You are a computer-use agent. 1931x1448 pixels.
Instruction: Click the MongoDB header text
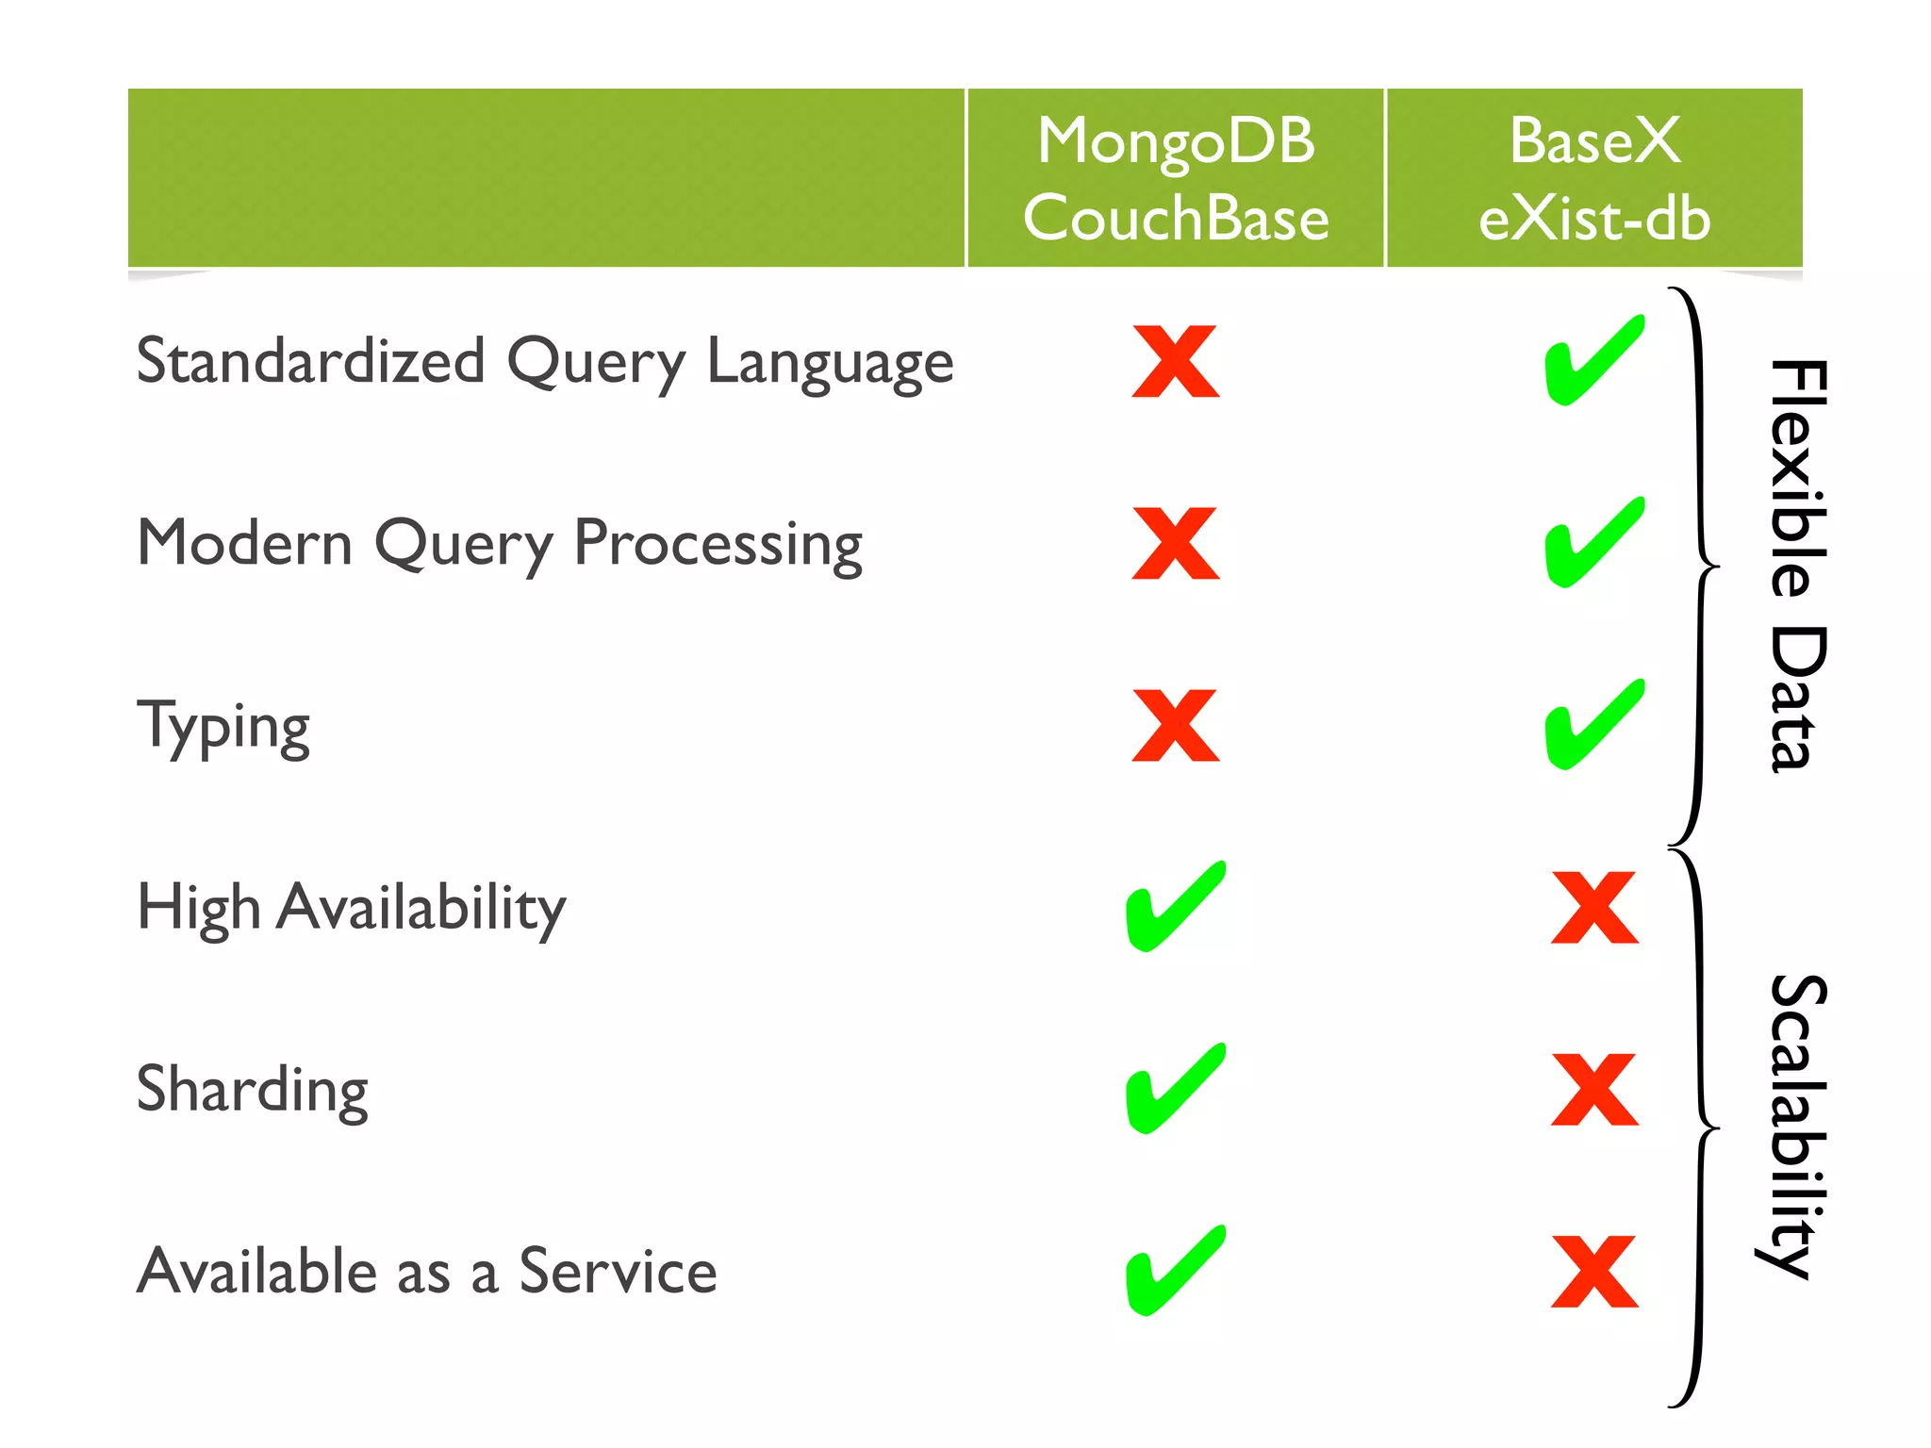[x=1176, y=141]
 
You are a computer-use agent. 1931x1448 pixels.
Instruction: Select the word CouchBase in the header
[x=1176, y=219]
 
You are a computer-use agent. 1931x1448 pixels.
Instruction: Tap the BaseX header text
[x=1594, y=141]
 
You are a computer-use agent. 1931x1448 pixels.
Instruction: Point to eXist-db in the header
[x=1594, y=219]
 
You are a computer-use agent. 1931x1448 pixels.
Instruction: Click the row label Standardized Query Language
[x=545, y=362]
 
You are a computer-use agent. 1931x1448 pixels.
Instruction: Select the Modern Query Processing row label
[x=500, y=544]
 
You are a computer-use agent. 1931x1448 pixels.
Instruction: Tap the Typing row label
[x=223, y=727]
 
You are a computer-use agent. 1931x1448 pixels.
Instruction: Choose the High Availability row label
[x=352, y=908]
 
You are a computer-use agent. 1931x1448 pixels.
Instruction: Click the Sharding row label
[x=252, y=1090]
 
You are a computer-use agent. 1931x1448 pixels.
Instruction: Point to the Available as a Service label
[x=427, y=1271]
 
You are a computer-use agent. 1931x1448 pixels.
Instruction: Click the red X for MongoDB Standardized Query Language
[x=1176, y=362]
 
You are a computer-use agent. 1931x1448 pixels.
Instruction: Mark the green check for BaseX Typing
[x=1594, y=725]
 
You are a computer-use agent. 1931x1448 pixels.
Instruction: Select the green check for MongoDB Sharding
[x=1175, y=1089]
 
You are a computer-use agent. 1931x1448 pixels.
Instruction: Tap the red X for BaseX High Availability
[x=1594, y=908]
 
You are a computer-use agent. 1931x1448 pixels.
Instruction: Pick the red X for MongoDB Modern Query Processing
[x=1176, y=544]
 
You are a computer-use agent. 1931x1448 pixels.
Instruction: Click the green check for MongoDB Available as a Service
[x=1175, y=1271]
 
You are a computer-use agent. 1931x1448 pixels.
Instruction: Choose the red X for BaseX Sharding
[x=1594, y=1090]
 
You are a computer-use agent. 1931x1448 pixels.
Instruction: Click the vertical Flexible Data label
[x=1797, y=566]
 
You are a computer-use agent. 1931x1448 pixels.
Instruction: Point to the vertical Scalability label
[x=1795, y=1126]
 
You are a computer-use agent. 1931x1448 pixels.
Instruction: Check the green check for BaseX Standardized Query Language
[x=1594, y=361]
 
